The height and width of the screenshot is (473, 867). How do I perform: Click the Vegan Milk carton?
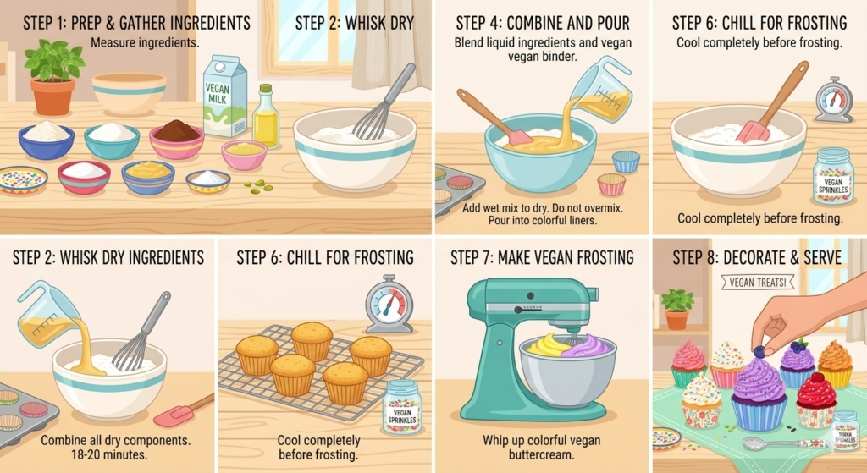(224, 97)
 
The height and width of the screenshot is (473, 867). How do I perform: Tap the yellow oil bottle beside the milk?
(265, 118)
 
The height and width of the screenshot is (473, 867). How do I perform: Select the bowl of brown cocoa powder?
(176, 136)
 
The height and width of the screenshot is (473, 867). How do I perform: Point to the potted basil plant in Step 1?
(52, 76)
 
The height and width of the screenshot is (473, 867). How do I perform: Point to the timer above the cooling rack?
(389, 303)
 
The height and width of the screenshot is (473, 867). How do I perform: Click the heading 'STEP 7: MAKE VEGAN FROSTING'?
(542, 257)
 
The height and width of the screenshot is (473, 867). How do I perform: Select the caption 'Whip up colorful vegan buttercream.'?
(543, 448)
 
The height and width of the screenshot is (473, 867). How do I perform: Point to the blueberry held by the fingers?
(759, 352)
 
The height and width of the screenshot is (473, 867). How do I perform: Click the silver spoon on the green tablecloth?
(770, 443)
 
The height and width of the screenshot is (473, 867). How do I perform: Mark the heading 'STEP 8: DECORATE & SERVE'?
(757, 257)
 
